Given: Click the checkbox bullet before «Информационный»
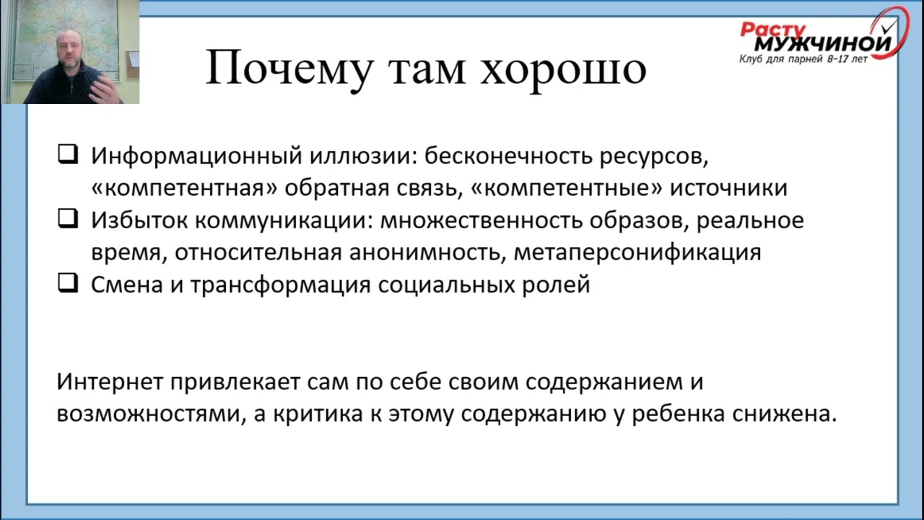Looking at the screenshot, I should pyautogui.click(x=68, y=155).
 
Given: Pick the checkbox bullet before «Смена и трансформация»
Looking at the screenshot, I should pyautogui.click(x=68, y=284).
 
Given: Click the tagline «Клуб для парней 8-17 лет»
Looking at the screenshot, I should pyautogui.click(x=803, y=60).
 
